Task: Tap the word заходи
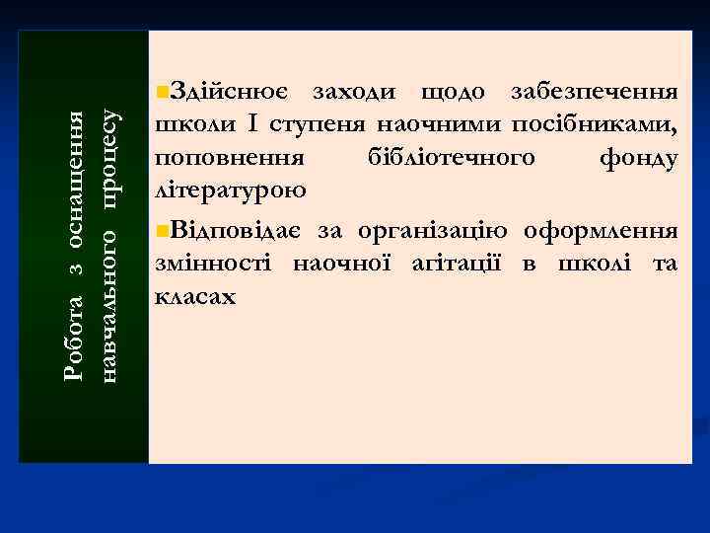[354, 93]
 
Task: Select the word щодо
[453, 94]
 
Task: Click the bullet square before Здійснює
[163, 93]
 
